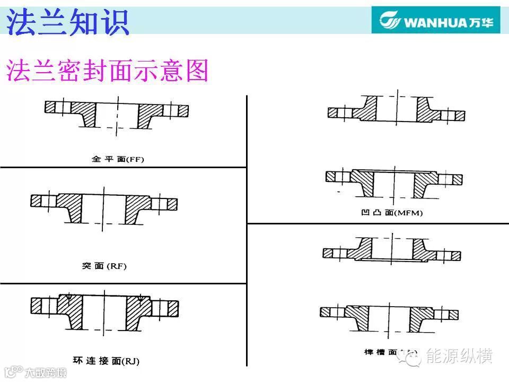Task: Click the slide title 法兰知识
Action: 68,23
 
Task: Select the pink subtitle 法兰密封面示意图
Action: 107,71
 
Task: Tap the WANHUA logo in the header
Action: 435,21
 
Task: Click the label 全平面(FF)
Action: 118,158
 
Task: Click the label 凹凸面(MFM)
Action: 391,213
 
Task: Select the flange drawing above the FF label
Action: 117,113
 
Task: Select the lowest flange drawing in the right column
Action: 389,317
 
